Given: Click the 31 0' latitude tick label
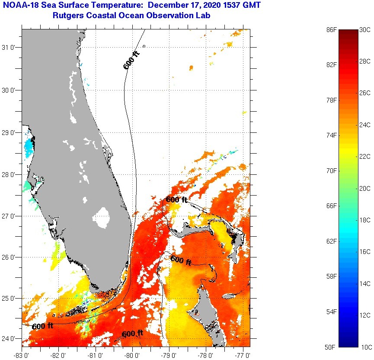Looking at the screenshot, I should (x=10, y=47).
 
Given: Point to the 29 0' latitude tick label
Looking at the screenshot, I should (x=10, y=132).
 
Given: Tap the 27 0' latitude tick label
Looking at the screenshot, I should (x=10, y=216).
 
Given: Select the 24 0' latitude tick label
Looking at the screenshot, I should (x=10, y=338).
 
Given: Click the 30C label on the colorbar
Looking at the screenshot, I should (x=365, y=30).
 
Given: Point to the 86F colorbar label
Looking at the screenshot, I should (x=332, y=30).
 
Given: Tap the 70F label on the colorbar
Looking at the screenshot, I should (x=332, y=170).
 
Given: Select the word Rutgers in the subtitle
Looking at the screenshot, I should (x=67, y=16).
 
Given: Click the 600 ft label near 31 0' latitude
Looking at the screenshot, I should (x=132, y=61).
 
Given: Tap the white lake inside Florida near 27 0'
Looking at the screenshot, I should (x=102, y=217).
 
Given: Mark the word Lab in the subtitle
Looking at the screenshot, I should (x=210, y=16).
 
